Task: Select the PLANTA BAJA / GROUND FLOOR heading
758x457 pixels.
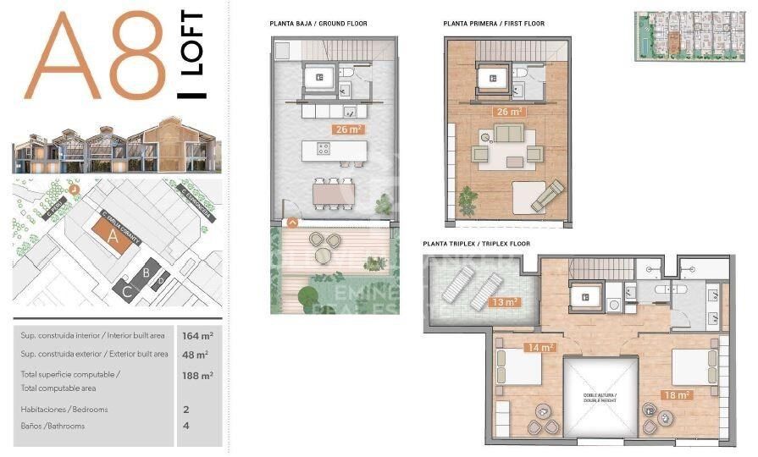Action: tap(318, 24)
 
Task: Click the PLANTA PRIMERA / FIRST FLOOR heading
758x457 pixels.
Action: tap(494, 24)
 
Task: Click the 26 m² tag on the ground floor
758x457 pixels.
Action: tap(347, 129)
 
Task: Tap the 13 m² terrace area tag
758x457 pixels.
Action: tap(505, 302)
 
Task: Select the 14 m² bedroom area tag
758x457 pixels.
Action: tap(539, 347)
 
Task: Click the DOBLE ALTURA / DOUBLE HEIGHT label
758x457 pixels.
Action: tap(600, 397)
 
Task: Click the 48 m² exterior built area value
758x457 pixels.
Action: tap(195, 355)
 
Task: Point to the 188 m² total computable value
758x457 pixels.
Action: tap(196, 375)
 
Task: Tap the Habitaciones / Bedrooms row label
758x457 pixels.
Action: tap(64, 410)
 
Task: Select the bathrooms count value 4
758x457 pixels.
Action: tap(185, 426)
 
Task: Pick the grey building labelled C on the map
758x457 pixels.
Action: tap(126, 290)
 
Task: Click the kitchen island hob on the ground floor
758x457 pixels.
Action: tap(323, 148)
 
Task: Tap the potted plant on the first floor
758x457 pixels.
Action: tap(467, 201)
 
